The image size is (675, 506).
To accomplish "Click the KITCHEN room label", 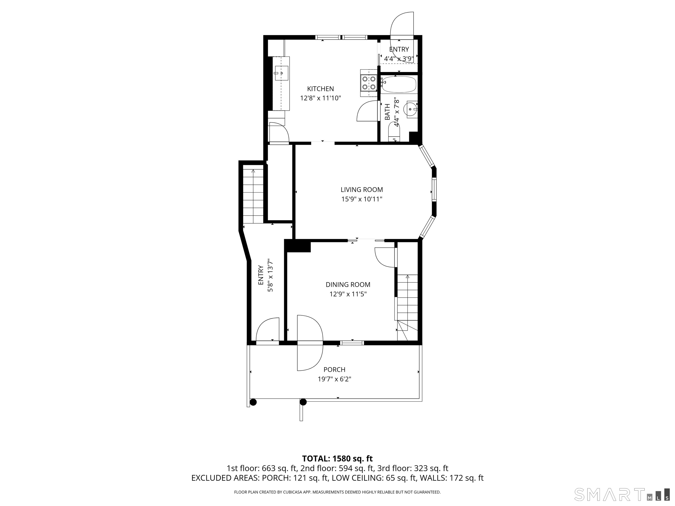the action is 320,89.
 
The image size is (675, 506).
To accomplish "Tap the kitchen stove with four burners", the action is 369,83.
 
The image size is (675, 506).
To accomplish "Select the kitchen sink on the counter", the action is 68,73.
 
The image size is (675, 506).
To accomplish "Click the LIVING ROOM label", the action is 362,190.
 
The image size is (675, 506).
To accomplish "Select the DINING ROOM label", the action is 348,285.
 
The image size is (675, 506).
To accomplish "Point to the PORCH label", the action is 334,370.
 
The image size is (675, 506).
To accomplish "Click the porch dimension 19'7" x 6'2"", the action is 334,379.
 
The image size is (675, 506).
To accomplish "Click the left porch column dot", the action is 253,402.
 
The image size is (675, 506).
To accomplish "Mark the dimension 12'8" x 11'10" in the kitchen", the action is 320,98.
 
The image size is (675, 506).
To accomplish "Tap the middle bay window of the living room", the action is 434,190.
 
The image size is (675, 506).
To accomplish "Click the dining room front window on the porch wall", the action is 352,343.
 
